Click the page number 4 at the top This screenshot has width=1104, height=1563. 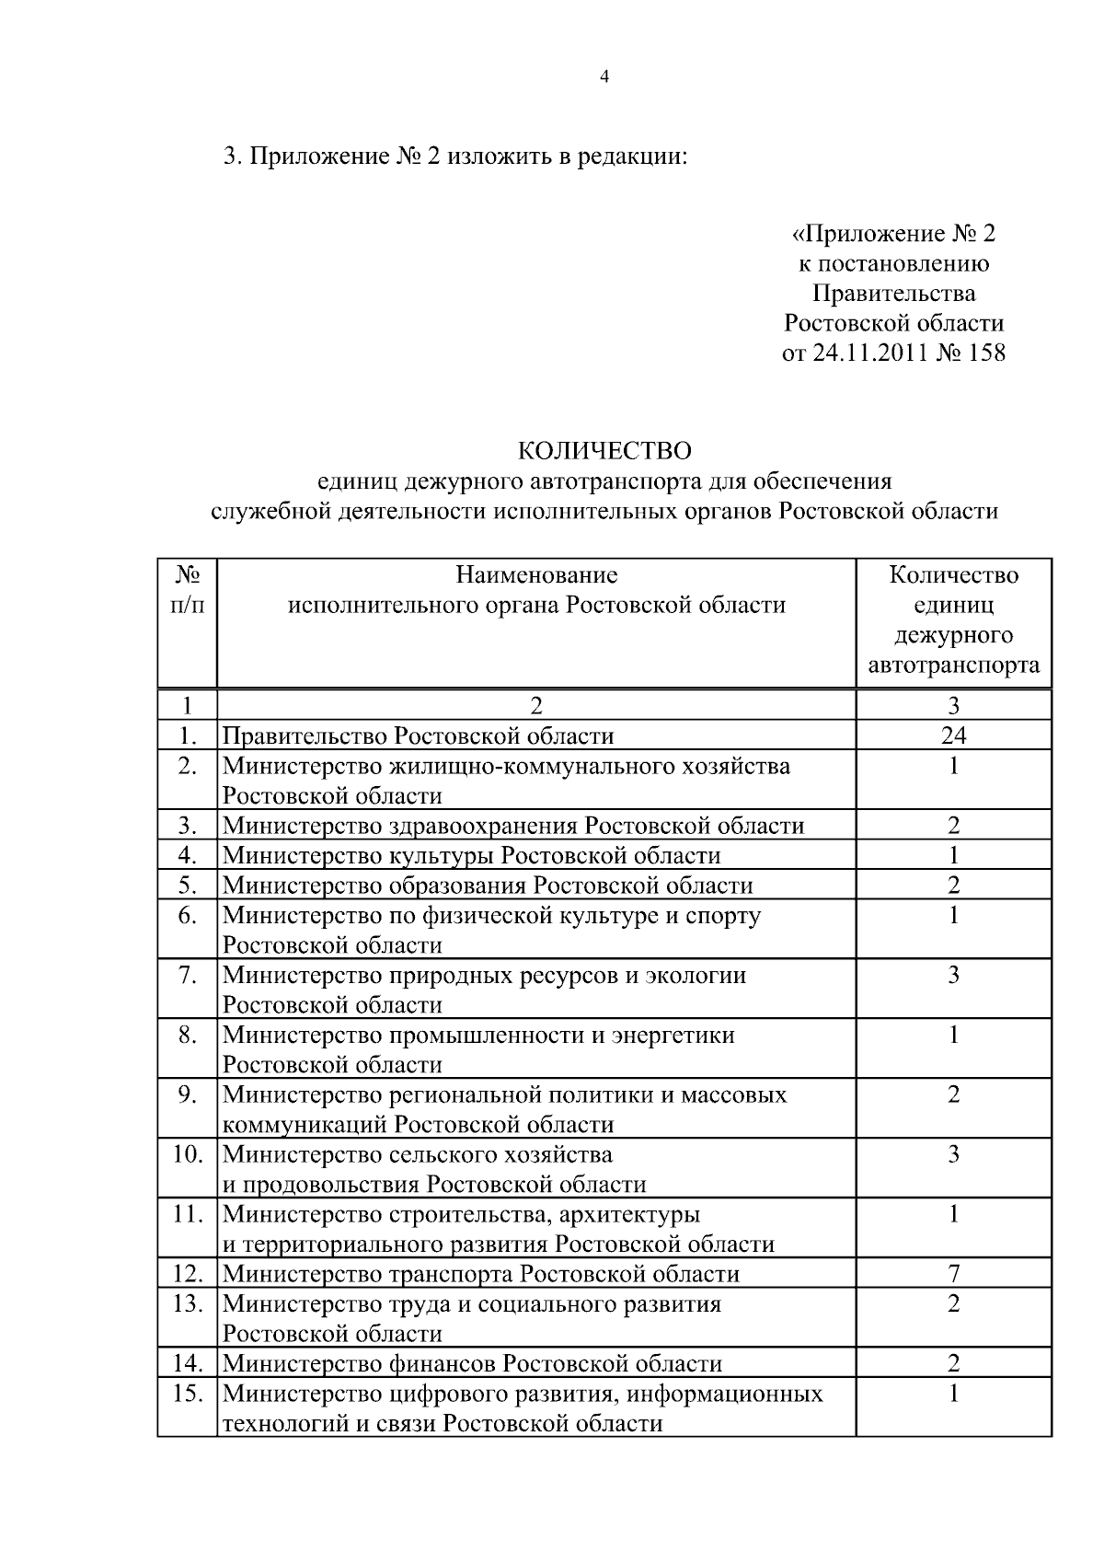pyautogui.click(x=604, y=77)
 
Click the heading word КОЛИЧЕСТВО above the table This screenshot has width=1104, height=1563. pyautogui.click(x=604, y=451)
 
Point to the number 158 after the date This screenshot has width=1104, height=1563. pyautogui.click(x=986, y=353)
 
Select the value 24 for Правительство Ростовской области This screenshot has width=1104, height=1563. pyautogui.click(x=953, y=735)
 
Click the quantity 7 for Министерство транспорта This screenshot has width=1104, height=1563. pyautogui.click(x=953, y=1274)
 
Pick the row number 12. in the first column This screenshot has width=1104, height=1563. pyautogui.click(x=188, y=1274)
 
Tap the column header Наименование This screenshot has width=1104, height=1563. pyautogui.click(x=536, y=575)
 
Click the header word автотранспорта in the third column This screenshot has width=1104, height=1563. pyautogui.click(x=953, y=665)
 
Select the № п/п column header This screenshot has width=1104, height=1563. pyautogui.click(x=188, y=590)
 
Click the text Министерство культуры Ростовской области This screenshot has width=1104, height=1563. pyautogui.click(x=471, y=855)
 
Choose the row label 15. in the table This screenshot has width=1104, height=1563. pyautogui.click(x=188, y=1394)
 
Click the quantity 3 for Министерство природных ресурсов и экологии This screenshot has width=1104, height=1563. pyautogui.click(x=953, y=975)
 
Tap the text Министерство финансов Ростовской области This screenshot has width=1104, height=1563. pyautogui.click(x=472, y=1363)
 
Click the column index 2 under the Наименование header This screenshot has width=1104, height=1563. pyautogui.click(x=536, y=706)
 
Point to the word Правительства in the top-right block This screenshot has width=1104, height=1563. pyautogui.click(x=893, y=294)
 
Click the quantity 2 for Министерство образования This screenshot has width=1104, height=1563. pyautogui.click(x=953, y=886)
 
